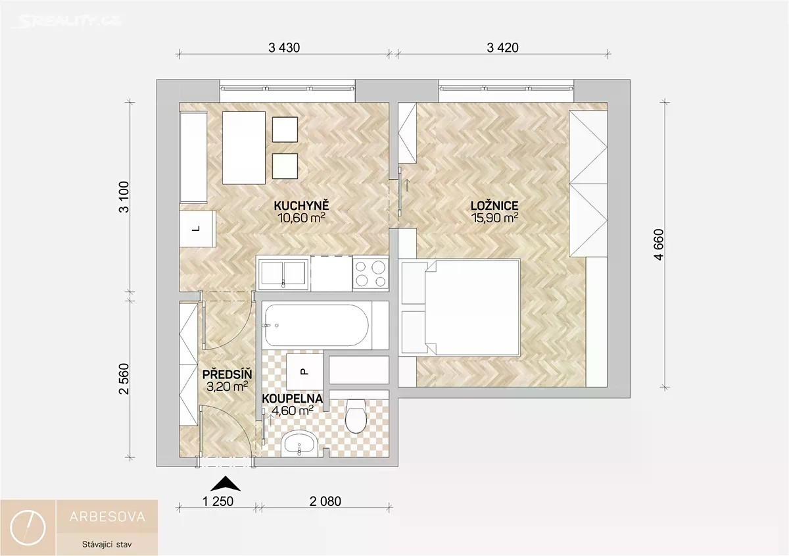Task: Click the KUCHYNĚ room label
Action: click(x=301, y=205)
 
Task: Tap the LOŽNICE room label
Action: click(x=494, y=205)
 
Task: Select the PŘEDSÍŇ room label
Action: click(x=227, y=374)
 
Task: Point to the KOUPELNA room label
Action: click(x=293, y=399)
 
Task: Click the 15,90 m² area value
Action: click(x=494, y=218)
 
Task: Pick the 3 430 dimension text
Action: click(x=284, y=47)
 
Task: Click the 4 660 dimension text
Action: click(x=659, y=245)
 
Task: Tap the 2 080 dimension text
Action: click(x=325, y=501)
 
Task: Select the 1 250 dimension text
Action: click(x=218, y=501)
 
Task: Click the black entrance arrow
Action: click(x=226, y=485)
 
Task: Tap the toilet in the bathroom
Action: click(x=356, y=416)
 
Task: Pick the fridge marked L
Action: click(x=197, y=229)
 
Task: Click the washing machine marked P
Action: click(x=304, y=371)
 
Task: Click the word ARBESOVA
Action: click(x=107, y=517)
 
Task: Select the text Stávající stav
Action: click(x=107, y=544)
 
